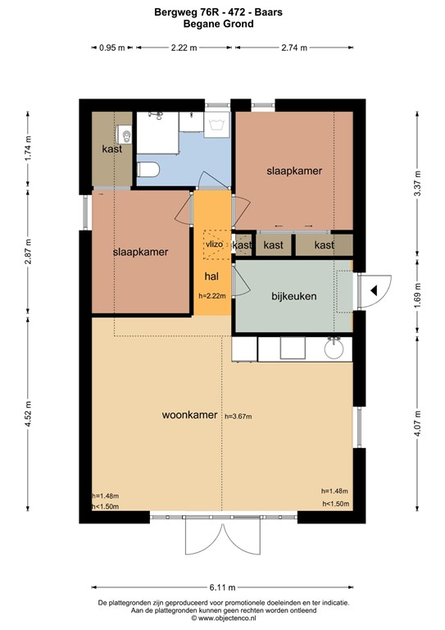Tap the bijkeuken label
coord(294,295)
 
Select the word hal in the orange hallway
coord(211,276)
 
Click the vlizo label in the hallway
coord(213,244)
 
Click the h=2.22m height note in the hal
coord(212,295)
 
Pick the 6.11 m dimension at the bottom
coord(222,587)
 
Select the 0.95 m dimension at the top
coord(112,48)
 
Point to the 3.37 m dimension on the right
coord(417,184)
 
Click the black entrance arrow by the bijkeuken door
coord(372,290)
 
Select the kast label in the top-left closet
coord(112,149)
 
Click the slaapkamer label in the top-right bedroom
coord(294,171)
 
